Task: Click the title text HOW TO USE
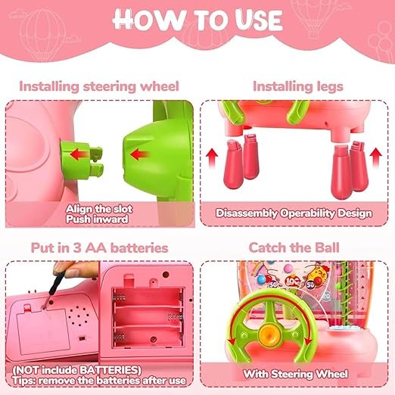point(198,20)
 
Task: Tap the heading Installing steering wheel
point(99,86)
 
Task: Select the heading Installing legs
point(298,86)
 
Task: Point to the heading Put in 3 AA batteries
point(99,247)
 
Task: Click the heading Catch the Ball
point(294,247)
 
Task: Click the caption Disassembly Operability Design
point(294,213)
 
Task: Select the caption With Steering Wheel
point(296,374)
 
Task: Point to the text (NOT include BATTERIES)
point(76,370)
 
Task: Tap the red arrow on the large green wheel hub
point(139,154)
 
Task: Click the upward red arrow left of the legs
point(212,157)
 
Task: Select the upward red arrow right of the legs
point(376,157)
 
